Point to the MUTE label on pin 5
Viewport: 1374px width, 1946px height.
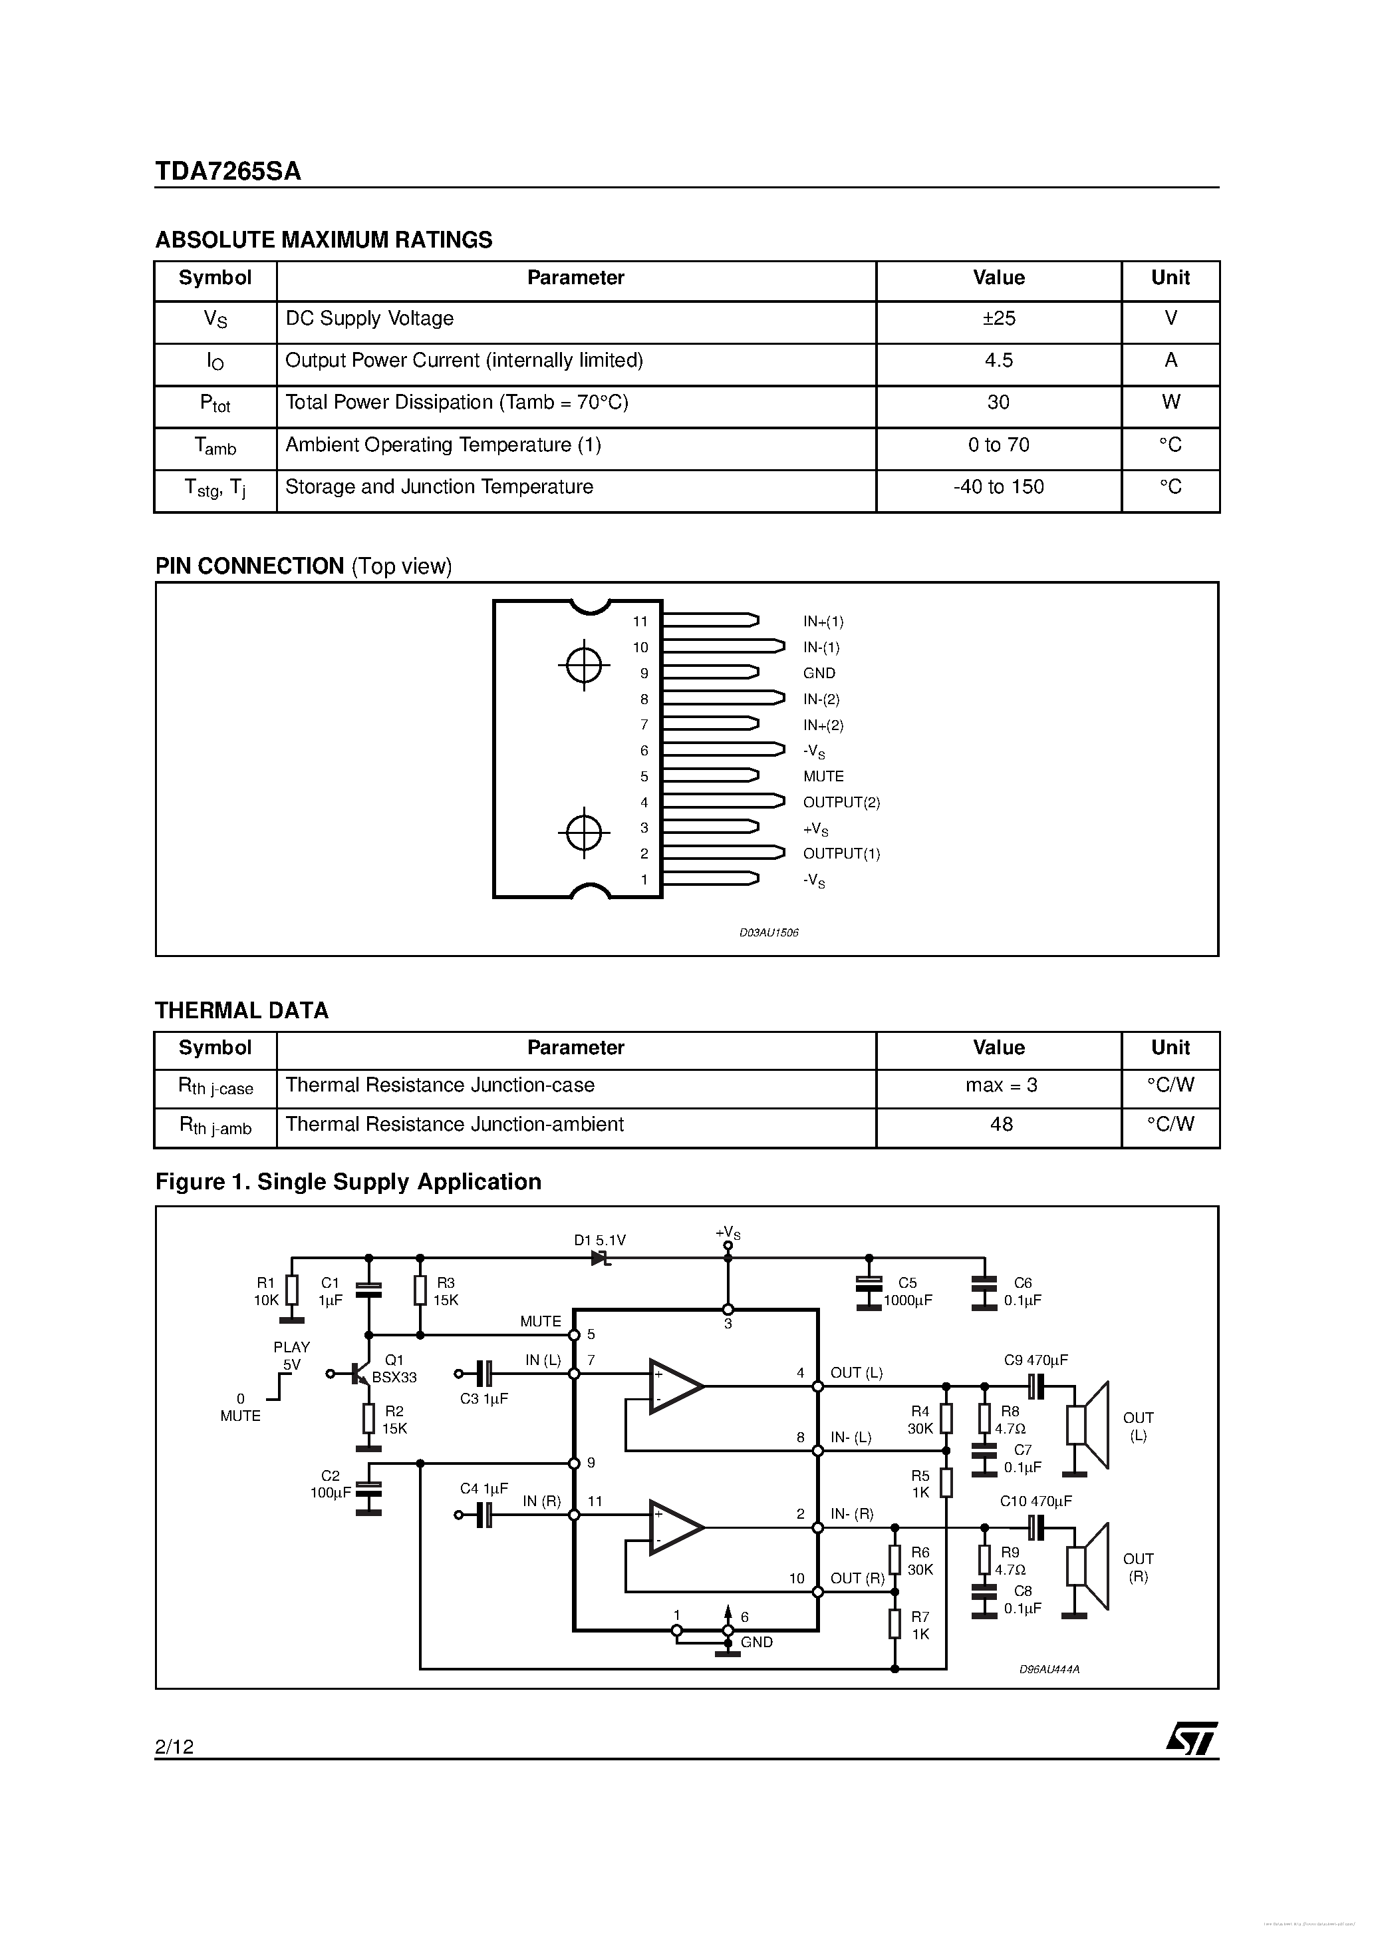[823, 777]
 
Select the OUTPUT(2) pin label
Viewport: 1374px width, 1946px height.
[841, 803]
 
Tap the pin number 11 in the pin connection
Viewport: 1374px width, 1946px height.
[640, 621]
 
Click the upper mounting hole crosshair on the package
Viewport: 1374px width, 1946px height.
[584, 666]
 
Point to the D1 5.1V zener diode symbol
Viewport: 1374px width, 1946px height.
[601, 1259]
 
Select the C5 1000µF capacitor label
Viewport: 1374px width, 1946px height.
[907, 1292]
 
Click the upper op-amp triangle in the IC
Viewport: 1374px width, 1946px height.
[674, 1386]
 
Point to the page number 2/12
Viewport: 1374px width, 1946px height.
[174, 1746]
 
